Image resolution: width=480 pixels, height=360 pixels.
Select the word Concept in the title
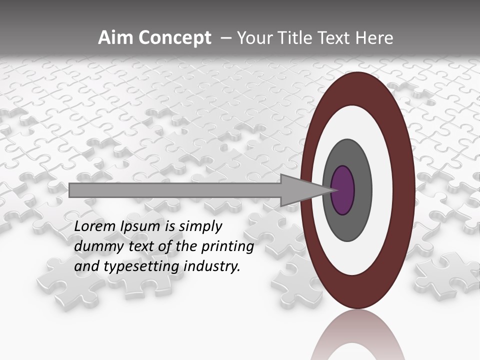pos(174,38)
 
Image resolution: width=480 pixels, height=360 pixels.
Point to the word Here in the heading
pos(374,38)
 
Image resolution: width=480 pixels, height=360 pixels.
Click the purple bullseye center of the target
pos(342,190)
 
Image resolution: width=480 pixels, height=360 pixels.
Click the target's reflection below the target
pos(357,337)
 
